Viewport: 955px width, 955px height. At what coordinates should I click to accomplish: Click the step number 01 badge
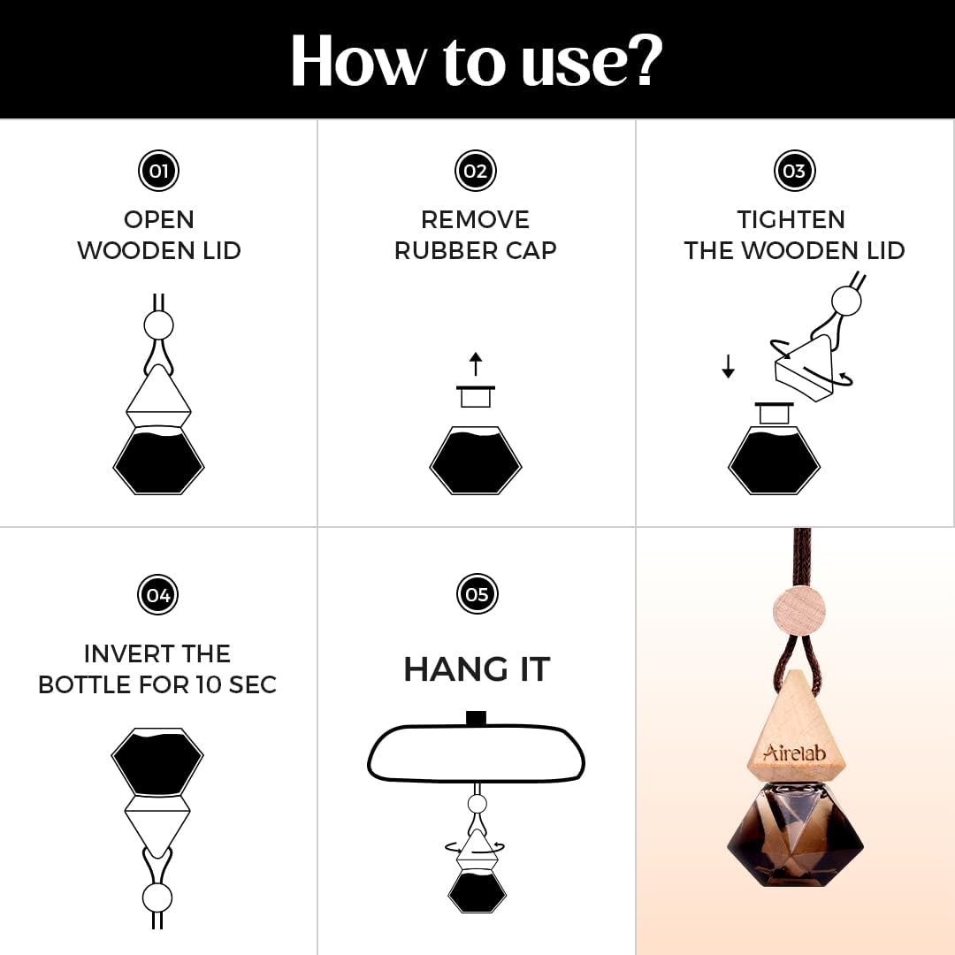coord(158,171)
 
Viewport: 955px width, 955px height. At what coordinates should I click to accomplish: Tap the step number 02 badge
coord(476,171)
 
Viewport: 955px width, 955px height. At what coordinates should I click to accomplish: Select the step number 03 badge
coord(794,171)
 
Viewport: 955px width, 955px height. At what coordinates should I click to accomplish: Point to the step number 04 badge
coord(158,594)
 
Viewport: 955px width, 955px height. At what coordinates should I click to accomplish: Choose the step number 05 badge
coord(477,594)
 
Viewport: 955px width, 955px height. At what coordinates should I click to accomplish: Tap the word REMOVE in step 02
coord(475,220)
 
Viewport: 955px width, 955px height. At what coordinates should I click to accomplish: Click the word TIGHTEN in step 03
coord(791,220)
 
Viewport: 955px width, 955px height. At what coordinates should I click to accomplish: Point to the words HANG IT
coord(477,669)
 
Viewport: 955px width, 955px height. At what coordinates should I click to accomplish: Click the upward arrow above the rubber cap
coord(476,363)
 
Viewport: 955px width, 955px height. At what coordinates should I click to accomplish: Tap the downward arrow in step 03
coord(728,366)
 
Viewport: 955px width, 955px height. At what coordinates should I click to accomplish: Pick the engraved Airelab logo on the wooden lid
coord(794,753)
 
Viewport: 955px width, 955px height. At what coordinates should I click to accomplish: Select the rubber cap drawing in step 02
coord(476,396)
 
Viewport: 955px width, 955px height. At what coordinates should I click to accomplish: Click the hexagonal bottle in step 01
coord(158,460)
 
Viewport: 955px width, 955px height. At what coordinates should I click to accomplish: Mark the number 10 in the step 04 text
coord(208,685)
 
